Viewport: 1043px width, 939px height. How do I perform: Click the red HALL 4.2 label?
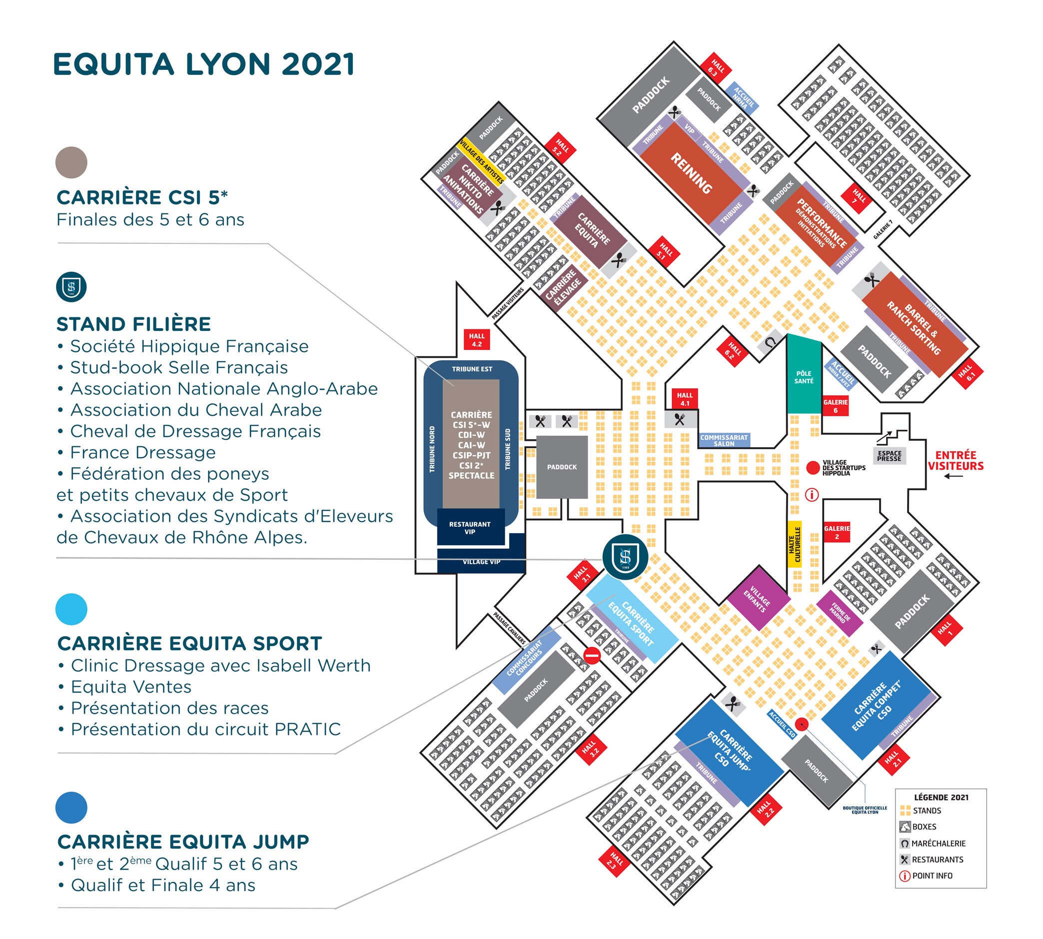pyautogui.click(x=476, y=339)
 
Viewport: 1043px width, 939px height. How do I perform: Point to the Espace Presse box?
pyautogui.click(x=889, y=456)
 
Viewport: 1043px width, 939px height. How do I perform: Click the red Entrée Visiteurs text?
pyautogui.click(x=956, y=460)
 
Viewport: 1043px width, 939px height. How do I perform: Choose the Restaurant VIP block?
pyautogui.click(x=470, y=527)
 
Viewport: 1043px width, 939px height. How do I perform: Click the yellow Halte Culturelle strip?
pyautogui.click(x=795, y=544)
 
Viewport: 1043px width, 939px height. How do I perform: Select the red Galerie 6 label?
pyautogui.click(x=835, y=405)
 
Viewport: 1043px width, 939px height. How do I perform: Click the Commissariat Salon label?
pyautogui.click(x=724, y=440)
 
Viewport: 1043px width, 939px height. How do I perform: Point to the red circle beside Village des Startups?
pyautogui.click(x=813, y=468)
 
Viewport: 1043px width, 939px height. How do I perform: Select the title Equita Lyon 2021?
pyautogui.click(x=204, y=64)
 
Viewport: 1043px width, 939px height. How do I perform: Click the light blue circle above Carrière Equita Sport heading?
pyautogui.click(x=71, y=609)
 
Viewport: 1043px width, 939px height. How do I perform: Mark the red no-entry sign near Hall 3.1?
pyautogui.click(x=592, y=656)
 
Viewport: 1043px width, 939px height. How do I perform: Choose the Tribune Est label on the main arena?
pyautogui.click(x=472, y=369)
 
